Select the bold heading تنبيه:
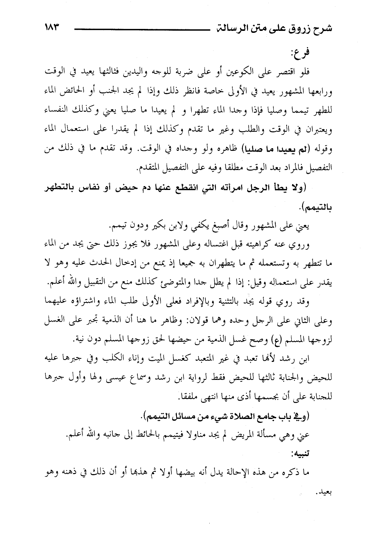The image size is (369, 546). coord(319,454)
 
